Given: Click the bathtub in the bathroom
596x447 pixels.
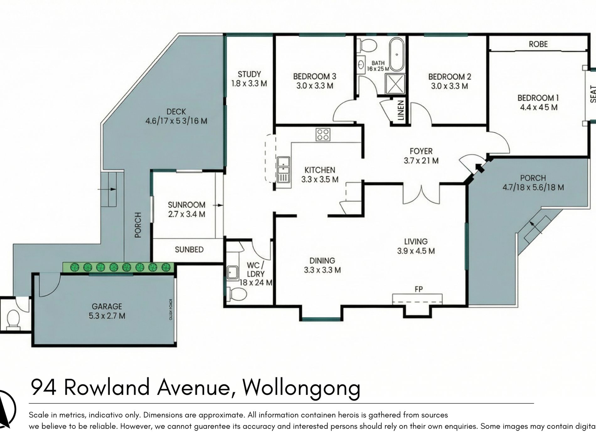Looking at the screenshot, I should tap(396, 55).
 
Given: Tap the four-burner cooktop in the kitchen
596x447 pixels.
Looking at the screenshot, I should tap(323, 135).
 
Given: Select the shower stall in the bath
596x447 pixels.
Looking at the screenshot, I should tap(395, 83).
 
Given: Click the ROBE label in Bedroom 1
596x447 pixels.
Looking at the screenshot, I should tap(538, 44).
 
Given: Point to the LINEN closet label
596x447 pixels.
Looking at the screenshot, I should tap(401, 110).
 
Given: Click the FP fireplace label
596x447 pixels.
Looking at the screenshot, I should tap(418, 289).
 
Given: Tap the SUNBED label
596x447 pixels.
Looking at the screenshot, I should tap(189, 249).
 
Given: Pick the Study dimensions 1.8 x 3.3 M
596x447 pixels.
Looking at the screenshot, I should tap(249, 84).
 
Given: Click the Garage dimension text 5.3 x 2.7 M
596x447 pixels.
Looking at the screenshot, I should tap(107, 316).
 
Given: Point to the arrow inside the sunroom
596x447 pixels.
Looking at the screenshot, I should tap(218, 205).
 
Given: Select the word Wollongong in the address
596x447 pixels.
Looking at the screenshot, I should tap(301, 387).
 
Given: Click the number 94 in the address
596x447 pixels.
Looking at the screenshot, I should tap(44, 387).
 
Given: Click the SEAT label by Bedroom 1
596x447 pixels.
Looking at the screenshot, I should tap(593, 94).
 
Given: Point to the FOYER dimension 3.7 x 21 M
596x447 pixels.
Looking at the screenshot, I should tap(421, 161).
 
